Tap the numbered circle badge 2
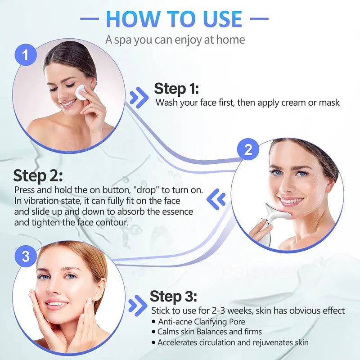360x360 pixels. (x=248, y=150)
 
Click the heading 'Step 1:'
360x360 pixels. (x=176, y=88)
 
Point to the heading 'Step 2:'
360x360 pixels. (x=38, y=176)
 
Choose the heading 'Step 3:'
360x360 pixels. (x=173, y=297)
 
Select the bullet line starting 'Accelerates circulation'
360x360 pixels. (x=233, y=342)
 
